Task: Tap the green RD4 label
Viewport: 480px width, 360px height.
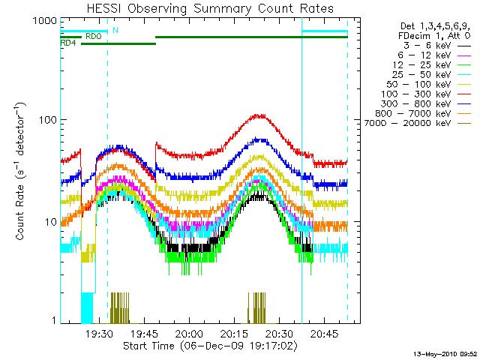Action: pos(68,43)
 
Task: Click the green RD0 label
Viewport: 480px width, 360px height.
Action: pos(94,35)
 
